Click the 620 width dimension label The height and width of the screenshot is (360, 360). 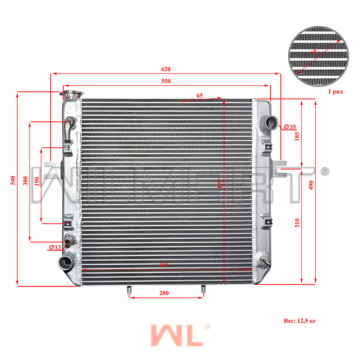click(166, 69)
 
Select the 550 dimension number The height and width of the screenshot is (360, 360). click(166, 81)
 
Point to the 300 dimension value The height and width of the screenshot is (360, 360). click(25, 181)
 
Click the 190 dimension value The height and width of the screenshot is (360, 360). click(37, 181)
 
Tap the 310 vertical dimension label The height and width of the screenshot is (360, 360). click(297, 223)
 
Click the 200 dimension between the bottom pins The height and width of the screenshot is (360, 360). click(164, 293)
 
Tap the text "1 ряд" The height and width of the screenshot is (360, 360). click(335, 92)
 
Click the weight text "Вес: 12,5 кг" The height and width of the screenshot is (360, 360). click(300, 320)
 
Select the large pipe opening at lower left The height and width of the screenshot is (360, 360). click(66, 262)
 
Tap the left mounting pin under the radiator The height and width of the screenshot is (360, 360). click(129, 289)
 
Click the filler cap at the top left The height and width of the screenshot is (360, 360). click(71, 95)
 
